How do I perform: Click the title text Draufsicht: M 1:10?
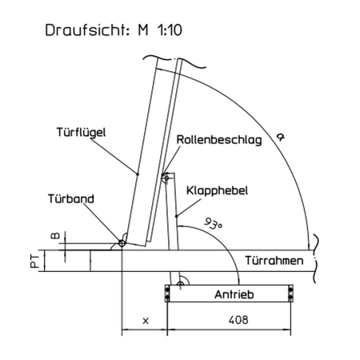click(x=114, y=30)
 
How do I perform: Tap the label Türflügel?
click(x=81, y=132)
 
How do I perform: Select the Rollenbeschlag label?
click(x=219, y=140)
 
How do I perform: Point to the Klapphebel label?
click(x=217, y=190)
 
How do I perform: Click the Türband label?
click(x=71, y=198)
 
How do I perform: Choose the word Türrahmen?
click(x=274, y=261)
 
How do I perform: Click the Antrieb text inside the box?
click(x=234, y=294)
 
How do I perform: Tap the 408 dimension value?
click(x=238, y=320)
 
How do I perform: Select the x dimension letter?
click(x=146, y=321)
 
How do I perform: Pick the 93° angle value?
click(x=213, y=223)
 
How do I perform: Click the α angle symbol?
click(x=280, y=137)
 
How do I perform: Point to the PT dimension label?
click(x=34, y=261)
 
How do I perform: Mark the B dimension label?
click(x=55, y=236)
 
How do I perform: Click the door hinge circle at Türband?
click(x=122, y=243)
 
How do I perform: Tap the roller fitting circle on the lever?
click(x=166, y=178)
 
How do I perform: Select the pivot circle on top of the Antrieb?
click(x=181, y=284)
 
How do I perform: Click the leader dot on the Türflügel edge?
click(x=138, y=174)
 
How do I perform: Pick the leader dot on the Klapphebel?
click(x=176, y=216)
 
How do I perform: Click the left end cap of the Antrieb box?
click(x=167, y=294)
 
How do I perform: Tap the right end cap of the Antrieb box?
click(x=290, y=294)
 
